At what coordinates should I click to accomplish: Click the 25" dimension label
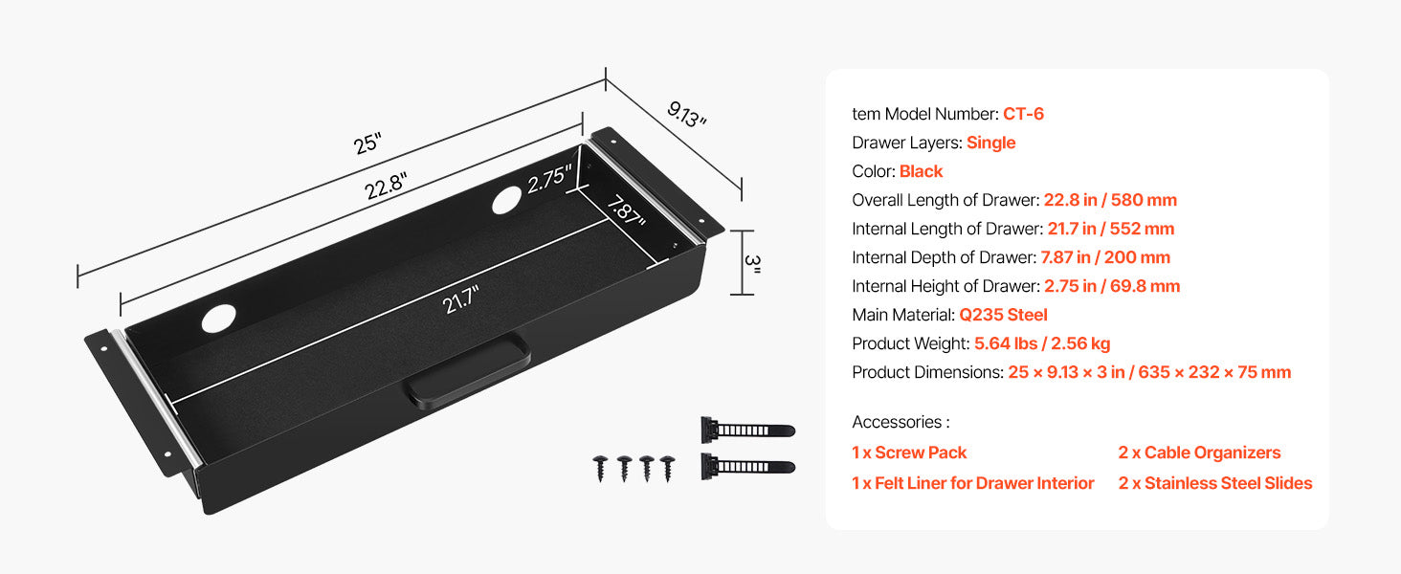pos(367,143)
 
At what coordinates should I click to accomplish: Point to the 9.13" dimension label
pos(686,114)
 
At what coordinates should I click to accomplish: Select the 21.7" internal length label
pos(460,303)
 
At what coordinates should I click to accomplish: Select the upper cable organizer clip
pos(746,429)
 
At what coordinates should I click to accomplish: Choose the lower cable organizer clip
pos(746,467)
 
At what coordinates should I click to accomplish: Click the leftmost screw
pos(600,467)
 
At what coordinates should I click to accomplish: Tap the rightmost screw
pos(667,467)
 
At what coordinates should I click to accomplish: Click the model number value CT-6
pos(1023,114)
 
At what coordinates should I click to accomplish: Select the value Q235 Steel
pos(1003,315)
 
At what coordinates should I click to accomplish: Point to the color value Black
pos(921,171)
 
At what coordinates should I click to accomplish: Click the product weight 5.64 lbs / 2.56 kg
pos(1042,343)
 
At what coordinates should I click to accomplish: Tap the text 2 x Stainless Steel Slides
pos(1215,483)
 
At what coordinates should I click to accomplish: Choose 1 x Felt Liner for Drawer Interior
pos(972,483)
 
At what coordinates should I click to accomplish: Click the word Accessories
pos(897,422)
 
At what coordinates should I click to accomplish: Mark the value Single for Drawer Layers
pos(990,143)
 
